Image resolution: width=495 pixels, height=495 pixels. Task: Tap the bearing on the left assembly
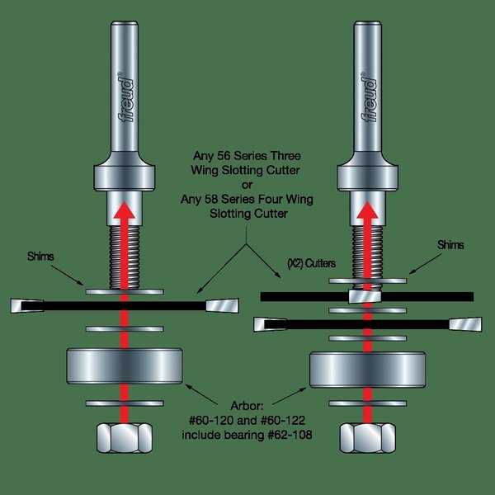pos(125,364)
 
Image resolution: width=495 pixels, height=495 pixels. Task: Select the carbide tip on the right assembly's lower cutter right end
pos(467,324)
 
